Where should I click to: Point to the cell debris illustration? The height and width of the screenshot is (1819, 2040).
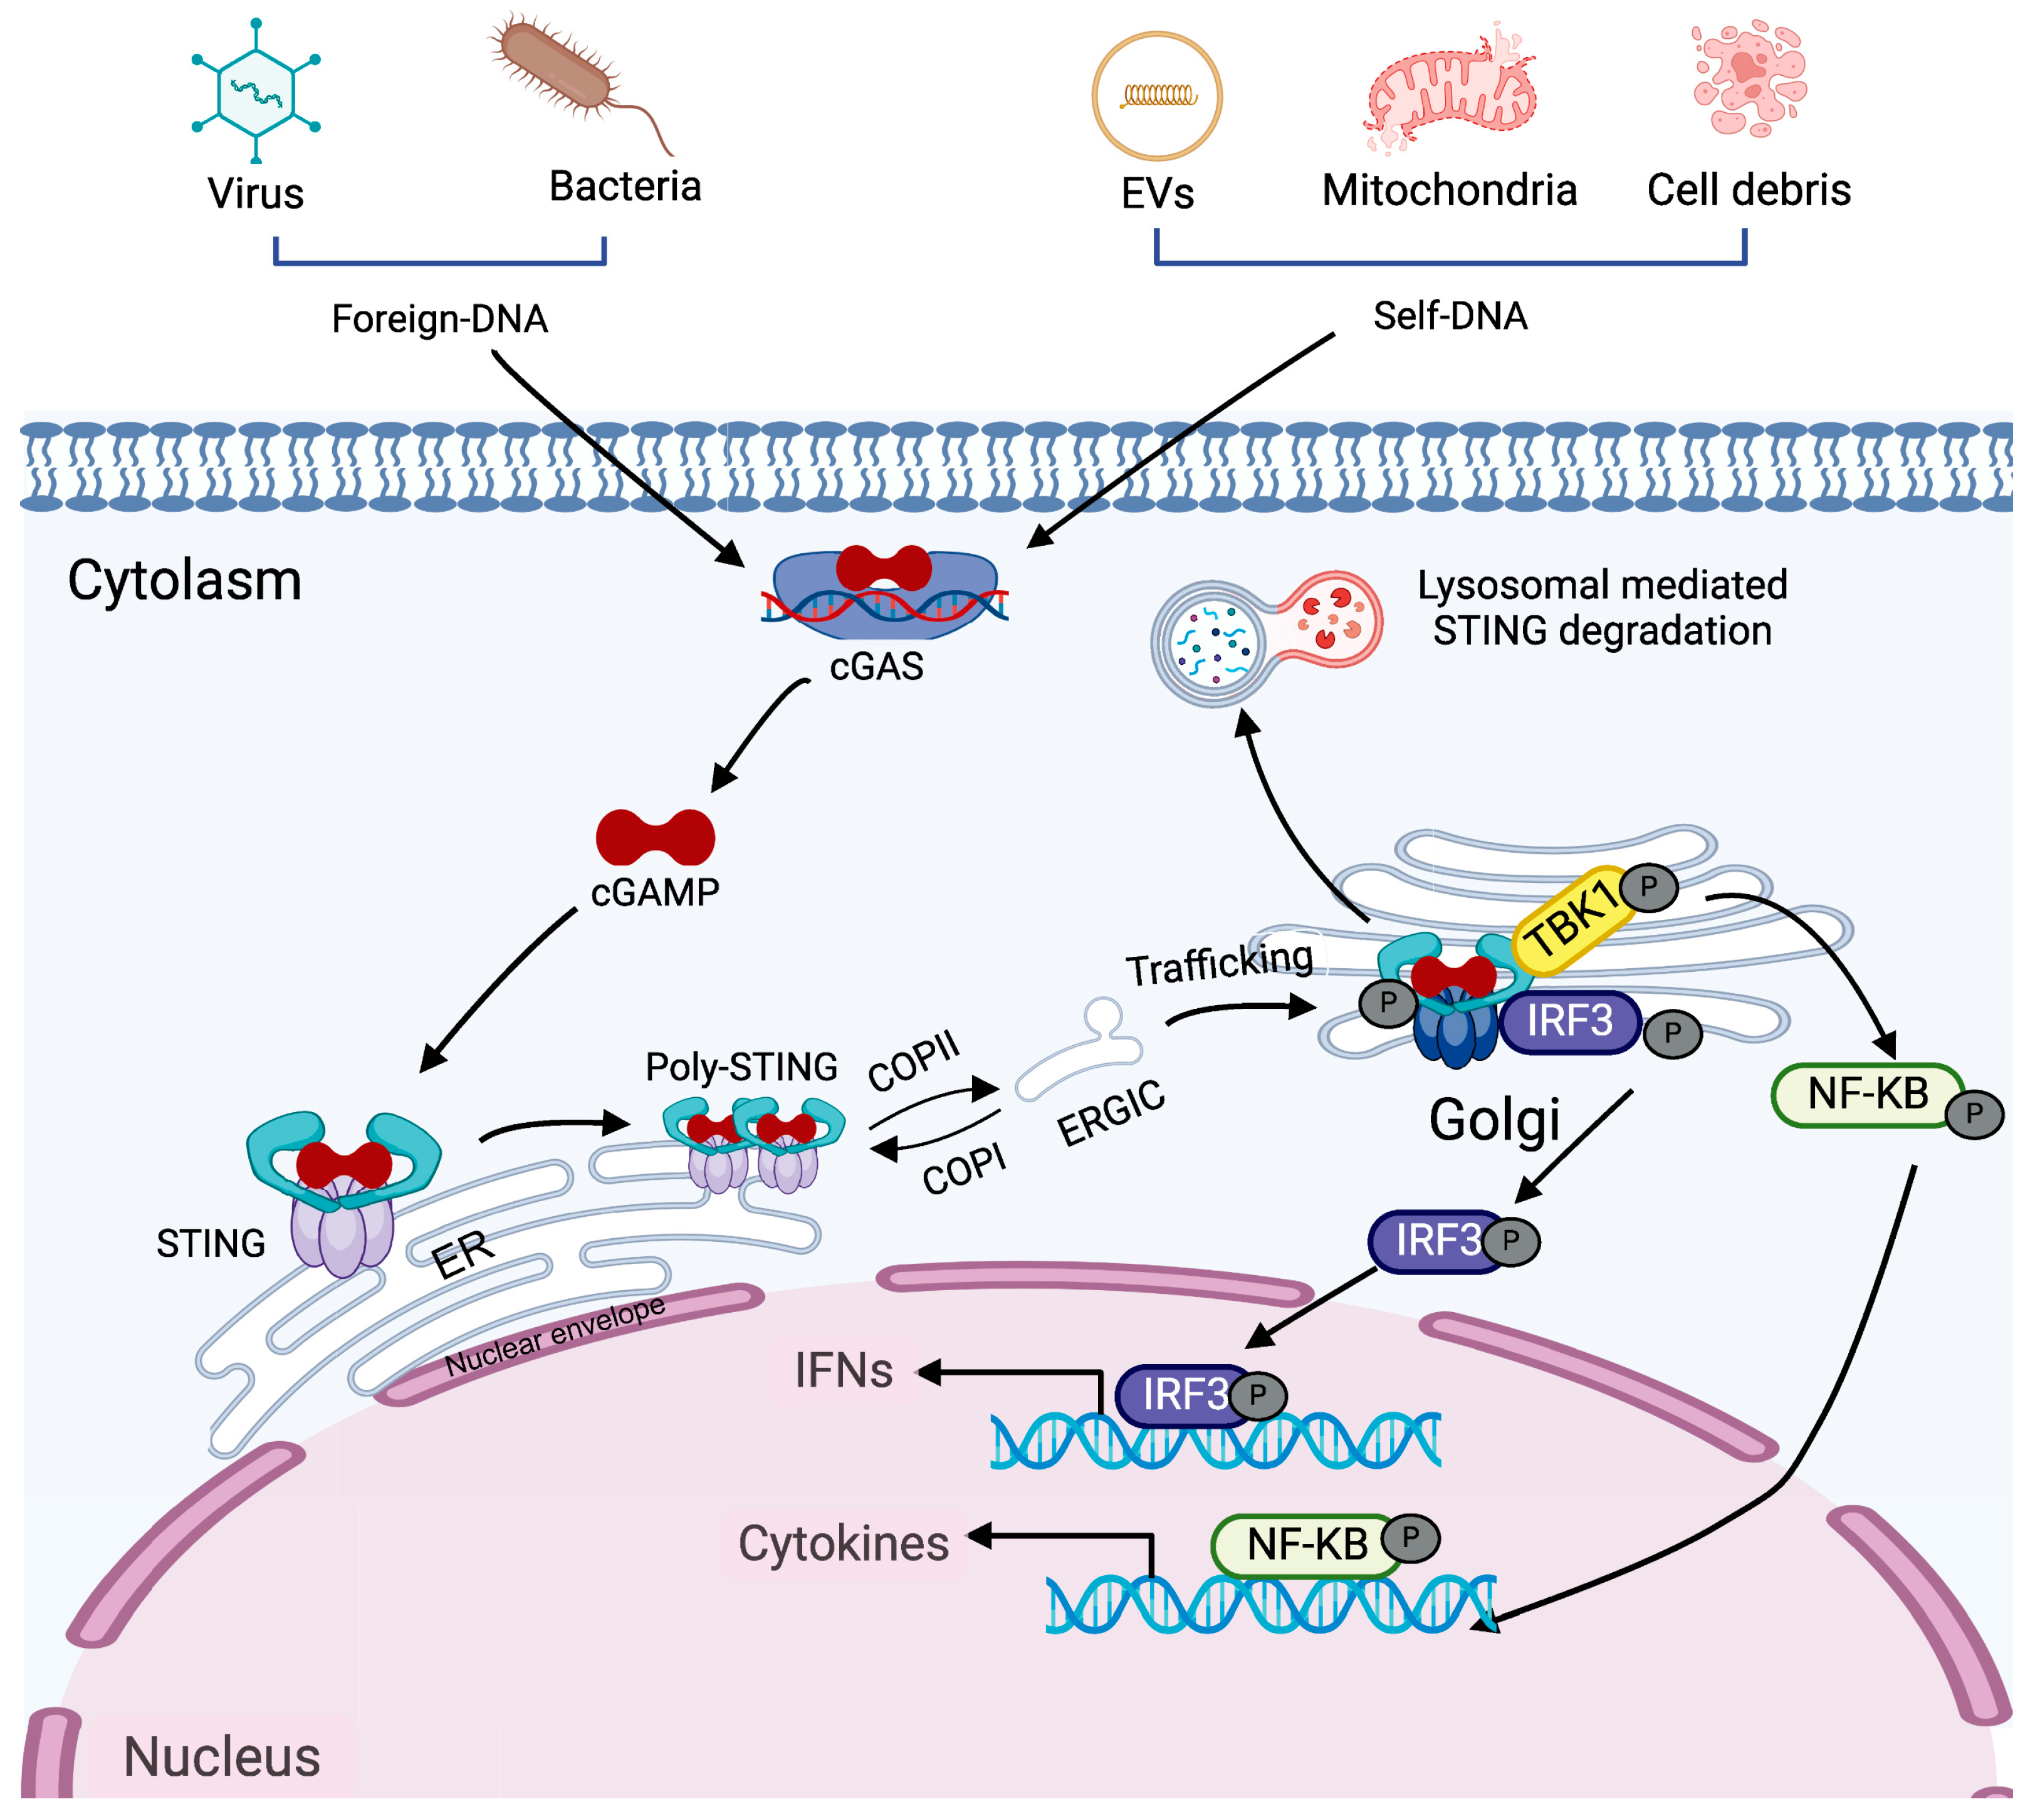[x=1748, y=80]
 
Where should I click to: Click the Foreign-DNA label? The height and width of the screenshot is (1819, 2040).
[x=440, y=320]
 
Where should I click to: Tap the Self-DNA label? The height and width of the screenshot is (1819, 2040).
[x=1449, y=317]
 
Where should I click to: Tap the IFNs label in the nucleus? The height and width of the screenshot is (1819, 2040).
[x=842, y=1371]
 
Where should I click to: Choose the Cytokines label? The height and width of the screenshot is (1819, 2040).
[x=842, y=1544]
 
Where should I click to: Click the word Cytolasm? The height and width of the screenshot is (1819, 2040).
[x=185, y=581]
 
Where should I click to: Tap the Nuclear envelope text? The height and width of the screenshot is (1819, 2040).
[x=555, y=1337]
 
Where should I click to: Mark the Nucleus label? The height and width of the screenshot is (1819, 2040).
[x=222, y=1757]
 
